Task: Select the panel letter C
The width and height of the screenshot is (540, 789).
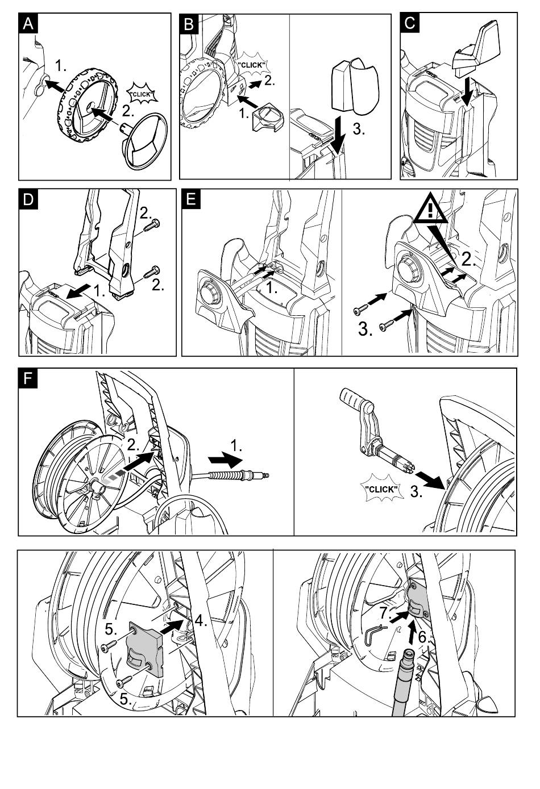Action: [410, 24]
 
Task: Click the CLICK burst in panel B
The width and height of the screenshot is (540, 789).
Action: [250, 65]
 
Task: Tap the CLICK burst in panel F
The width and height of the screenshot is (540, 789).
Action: [383, 489]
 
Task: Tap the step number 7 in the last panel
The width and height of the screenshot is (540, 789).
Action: [385, 613]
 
